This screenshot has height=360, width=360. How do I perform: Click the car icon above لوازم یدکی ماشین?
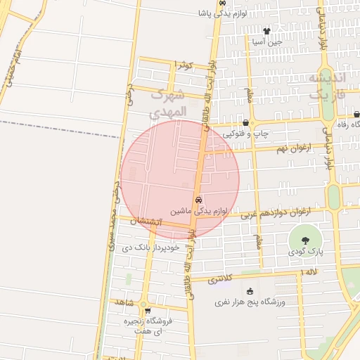(x=198, y=200)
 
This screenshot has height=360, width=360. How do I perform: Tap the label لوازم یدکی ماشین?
(x=199, y=210)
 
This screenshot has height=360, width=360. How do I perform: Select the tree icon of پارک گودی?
(x=304, y=240)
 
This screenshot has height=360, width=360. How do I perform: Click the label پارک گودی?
(x=305, y=250)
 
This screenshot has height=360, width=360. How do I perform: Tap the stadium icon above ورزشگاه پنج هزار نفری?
(x=249, y=291)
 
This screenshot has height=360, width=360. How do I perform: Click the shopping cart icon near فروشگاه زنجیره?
(x=147, y=310)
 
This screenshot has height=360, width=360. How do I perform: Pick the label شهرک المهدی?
(x=169, y=103)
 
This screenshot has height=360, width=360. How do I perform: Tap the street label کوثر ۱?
(x=184, y=65)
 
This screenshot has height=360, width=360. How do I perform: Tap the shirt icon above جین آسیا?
(x=266, y=31)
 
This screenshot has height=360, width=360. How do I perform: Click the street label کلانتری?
(x=222, y=279)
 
